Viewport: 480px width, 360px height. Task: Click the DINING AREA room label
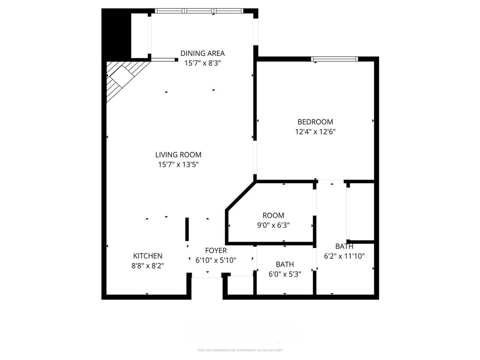pyautogui.click(x=202, y=53)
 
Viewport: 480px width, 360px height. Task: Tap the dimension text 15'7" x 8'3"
pyautogui.click(x=202, y=63)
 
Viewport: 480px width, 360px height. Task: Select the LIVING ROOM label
pyautogui.click(x=178, y=155)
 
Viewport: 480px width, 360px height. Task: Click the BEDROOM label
pyautogui.click(x=315, y=122)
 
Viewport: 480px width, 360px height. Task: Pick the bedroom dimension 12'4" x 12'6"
pyautogui.click(x=315, y=132)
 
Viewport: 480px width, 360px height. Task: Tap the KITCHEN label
pyautogui.click(x=148, y=256)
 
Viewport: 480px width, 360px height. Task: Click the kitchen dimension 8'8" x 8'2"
pyautogui.click(x=148, y=265)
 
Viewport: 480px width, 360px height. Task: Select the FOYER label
pyautogui.click(x=216, y=251)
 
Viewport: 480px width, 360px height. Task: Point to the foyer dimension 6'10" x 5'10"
pyautogui.click(x=216, y=260)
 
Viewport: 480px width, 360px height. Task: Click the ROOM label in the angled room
pyautogui.click(x=273, y=215)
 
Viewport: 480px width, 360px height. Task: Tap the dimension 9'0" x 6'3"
pyautogui.click(x=273, y=225)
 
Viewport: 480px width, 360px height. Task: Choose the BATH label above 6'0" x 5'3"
pyautogui.click(x=285, y=264)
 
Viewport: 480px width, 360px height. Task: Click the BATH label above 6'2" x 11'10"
pyautogui.click(x=344, y=246)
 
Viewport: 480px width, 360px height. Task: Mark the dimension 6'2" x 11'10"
pyautogui.click(x=344, y=256)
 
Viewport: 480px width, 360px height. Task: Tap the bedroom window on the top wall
pyautogui.click(x=335, y=59)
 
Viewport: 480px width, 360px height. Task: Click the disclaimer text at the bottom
pyautogui.click(x=240, y=350)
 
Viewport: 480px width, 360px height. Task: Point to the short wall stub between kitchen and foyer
pyautogui.click(x=187, y=229)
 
